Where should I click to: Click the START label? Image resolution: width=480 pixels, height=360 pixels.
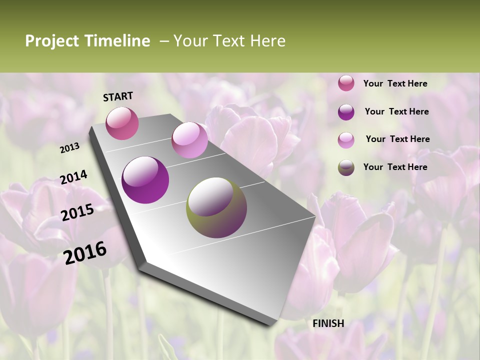coord(118,96)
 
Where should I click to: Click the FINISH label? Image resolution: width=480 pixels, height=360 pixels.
coord(328,323)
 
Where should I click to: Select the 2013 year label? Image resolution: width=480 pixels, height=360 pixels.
coord(69,148)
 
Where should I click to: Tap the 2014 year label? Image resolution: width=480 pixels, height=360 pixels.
coord(73,177)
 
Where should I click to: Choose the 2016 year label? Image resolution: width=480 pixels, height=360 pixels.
coord(85,252)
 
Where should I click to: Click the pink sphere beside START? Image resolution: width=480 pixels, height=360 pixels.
coord(122,123)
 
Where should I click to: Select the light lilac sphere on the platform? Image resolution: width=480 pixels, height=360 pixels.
coord(189,140)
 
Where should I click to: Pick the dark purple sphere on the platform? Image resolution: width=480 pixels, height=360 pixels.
coord(145,180)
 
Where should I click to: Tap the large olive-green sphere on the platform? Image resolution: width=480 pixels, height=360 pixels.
coord(216,207)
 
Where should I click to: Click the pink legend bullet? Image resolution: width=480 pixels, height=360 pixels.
coord(346,83)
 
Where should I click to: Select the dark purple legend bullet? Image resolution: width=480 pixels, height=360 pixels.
coord(346,112)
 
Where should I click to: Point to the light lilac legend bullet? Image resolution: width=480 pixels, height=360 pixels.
coord(346,140)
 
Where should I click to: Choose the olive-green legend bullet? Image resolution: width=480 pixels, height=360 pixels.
coord(346,167)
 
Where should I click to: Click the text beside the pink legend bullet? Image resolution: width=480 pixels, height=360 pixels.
coord(395,83)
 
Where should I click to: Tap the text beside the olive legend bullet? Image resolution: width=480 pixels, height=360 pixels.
coord(395,167)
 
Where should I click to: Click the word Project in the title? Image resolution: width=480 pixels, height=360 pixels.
coord(51,41)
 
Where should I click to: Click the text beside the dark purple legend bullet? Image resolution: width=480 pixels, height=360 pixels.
coord(396,111)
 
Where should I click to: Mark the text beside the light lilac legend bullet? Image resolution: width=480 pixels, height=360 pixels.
coord(397,139)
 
